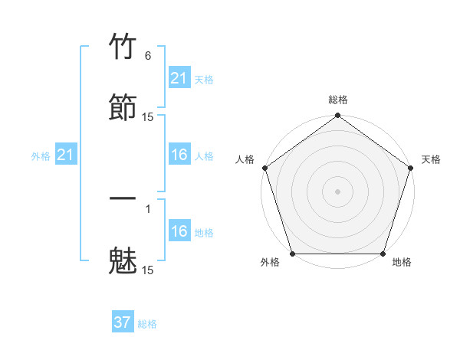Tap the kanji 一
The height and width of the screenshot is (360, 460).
pos(123,199)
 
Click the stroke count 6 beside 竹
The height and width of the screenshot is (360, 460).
pos(148,56)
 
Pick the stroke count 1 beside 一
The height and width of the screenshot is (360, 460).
pos(148,208)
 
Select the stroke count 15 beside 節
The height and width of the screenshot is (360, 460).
pos(148,117)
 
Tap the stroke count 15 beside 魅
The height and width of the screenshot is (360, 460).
pos(148,270)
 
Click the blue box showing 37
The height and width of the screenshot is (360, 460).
pos(123,322)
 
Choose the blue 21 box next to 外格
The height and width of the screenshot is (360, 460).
pos(66,155)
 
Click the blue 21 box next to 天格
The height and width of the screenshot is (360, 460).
pos(179,78)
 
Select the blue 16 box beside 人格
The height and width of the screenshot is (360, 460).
pos(179,155)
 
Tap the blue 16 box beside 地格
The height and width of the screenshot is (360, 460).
pos(179,231)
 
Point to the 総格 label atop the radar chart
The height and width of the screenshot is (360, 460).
pos(338,100)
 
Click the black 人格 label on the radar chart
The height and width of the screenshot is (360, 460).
pos(245,160)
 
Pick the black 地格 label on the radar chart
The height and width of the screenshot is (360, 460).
pos(402,263)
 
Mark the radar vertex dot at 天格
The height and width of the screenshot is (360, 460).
pos(411,168)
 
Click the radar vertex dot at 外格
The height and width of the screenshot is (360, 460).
pos(292,254)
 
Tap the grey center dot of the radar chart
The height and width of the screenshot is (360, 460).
pos(338,191)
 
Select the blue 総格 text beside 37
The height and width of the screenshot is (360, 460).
pos(147,324)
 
